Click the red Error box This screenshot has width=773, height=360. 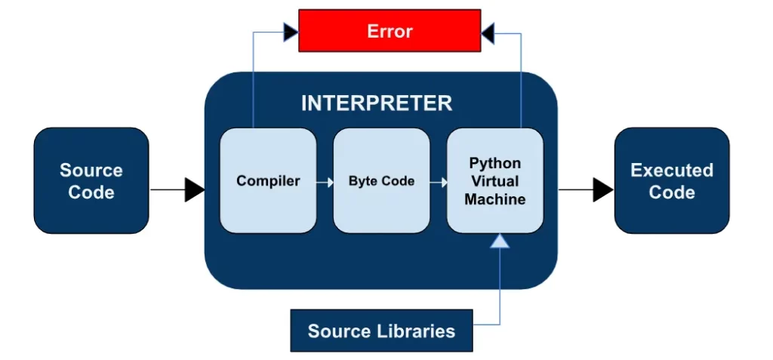point(390,31)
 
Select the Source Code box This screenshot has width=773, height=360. point(91,181)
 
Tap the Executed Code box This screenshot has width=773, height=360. point(671,181)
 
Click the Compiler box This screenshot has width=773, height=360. point(268,181)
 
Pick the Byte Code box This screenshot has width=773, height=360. point(381,181)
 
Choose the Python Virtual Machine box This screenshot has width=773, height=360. point(494,181)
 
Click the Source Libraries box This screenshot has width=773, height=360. point(381,331)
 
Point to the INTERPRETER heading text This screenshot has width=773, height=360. point(377,103)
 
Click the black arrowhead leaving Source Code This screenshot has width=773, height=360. point(194,190)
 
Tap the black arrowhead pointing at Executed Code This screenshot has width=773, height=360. point(602,190)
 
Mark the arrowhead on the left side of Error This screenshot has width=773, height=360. point(290,32)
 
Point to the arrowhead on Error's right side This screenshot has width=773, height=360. point(488,32)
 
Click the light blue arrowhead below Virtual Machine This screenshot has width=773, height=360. point(499,242)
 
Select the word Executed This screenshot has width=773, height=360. point(672,170)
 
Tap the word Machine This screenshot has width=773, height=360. point(494,199)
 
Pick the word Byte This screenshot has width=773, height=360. point(362,181)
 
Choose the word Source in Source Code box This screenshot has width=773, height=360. point(91,170)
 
